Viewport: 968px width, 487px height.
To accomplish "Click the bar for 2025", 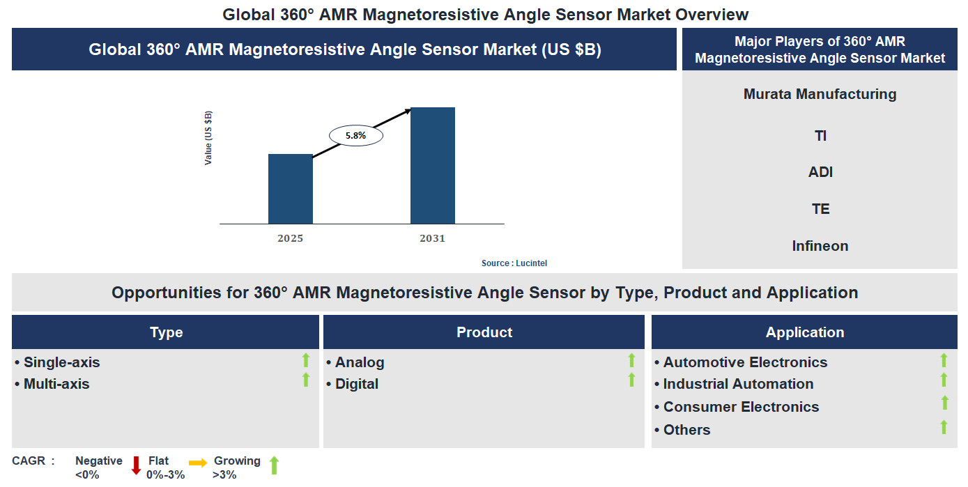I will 291,189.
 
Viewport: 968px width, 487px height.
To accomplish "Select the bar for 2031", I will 432,166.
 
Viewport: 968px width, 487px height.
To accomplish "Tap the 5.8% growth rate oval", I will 355,136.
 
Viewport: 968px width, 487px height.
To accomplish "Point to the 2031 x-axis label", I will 432,238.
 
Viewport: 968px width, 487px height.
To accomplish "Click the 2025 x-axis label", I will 291,238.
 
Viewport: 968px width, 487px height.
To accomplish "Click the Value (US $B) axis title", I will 208,137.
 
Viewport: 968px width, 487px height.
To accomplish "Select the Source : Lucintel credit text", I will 519,263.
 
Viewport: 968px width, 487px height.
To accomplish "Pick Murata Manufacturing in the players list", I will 820,94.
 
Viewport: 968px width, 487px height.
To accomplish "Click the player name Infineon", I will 820,246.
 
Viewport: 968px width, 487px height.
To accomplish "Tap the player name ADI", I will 820,172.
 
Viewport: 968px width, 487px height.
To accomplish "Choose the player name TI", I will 820,136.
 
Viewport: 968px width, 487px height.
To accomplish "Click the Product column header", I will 484,332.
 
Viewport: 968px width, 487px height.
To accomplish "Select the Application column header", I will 804,332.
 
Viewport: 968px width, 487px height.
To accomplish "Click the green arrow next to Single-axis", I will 305,360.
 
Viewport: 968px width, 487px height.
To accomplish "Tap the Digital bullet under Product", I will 356,384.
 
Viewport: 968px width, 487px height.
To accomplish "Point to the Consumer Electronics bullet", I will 740,407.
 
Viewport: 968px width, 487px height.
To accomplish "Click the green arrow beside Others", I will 944,427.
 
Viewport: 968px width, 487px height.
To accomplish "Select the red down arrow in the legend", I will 136,465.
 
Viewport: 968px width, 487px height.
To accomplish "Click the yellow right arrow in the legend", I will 198,463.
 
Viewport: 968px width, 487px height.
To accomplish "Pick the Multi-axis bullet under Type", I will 56,384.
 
